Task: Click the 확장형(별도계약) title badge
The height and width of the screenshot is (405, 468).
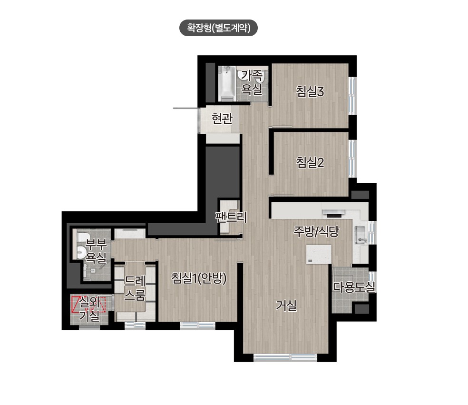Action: pyautogui.click(x=218, y=28)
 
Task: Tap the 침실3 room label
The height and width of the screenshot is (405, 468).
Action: pyautogui.click(x=310, y=91)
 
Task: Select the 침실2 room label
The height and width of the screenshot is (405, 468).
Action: pyautogui.click(x=310, y=162)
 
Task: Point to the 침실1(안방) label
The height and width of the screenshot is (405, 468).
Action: pyautogui.click(x=199, y=278)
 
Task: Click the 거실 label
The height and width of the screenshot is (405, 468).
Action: pyautogui.click(x=286, y=306)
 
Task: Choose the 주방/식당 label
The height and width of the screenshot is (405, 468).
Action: pyautogui.click(x=316, y=231)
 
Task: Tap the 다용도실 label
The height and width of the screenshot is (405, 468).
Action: pyautogui.click(x=354, y=287)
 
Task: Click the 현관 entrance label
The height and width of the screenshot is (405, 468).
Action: pyautogui.click(x=222, y=119)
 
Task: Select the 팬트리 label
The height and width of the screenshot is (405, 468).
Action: pyautogui.click(x=231, y=217)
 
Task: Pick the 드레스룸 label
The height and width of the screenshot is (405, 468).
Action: pyautogui.click(x=135, y=288)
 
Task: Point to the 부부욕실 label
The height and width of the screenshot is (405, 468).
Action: pyautogui.click(x=96, y=251)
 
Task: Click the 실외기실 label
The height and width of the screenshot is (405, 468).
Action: pyautogui.click(x=89, y=308)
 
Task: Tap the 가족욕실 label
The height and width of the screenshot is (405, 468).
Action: pyautogui.click(x=252, y=82)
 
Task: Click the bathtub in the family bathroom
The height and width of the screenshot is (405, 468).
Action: pyautogui.click(x=227, y=83)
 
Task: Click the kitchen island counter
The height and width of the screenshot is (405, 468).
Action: pyautogui.click(x=319, y=254)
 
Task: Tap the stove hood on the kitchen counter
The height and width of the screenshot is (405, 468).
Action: pyautogui.click(x=333, y=213)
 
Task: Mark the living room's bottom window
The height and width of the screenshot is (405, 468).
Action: pyautogui.click(x=285, y=357)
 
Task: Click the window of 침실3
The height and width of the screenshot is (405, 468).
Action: pyautogui.click(x=352, y=96)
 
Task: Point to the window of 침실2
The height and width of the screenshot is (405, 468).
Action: pyautogui.click(x=352, y=159)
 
